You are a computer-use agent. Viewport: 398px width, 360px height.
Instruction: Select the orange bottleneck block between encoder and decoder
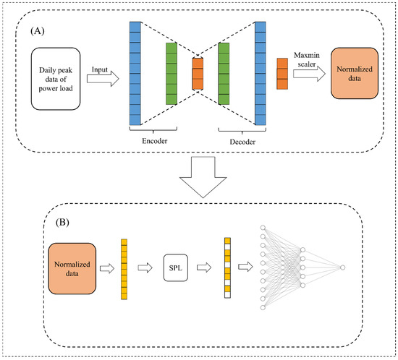[198, 74]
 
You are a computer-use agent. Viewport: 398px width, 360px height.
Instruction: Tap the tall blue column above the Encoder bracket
[135, 74]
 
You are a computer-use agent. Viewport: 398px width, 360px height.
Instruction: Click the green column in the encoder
[171, 74]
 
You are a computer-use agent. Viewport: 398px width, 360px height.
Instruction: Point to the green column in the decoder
[224, 74]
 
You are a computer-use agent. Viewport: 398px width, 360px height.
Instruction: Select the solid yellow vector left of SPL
[124, 267]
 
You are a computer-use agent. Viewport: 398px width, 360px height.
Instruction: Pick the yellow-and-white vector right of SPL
[227, 267]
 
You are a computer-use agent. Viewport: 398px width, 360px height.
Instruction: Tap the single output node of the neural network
[343, 267]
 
